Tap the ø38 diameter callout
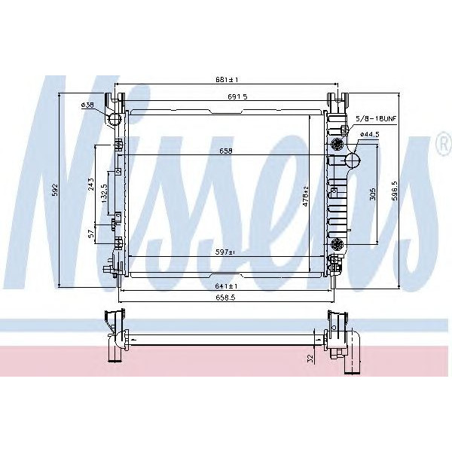click(87, 105)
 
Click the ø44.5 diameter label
click(369, 134)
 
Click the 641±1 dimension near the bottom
click(226, 286)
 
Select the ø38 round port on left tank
click(115, 119)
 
